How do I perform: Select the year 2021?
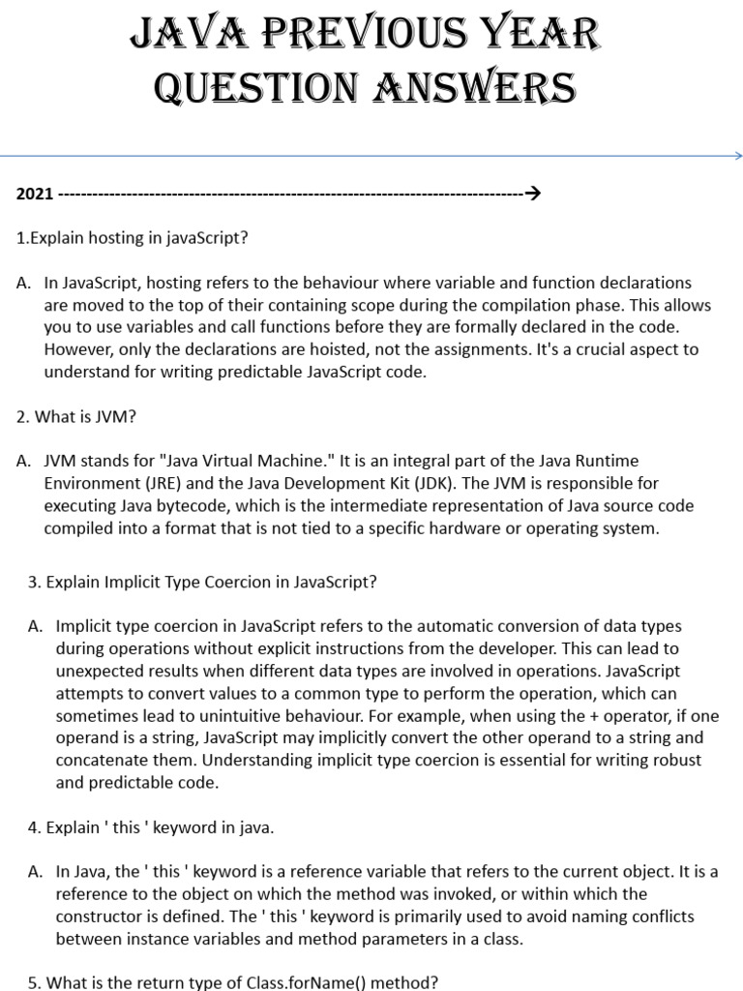pyautogui.click(x=35, y=194)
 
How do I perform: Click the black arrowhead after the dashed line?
pyautogui.click(x=531, y=194)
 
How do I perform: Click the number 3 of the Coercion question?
pyautogui.click(x=33, y=583)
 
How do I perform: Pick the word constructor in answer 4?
pyautogui.click(x=101, y=916)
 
